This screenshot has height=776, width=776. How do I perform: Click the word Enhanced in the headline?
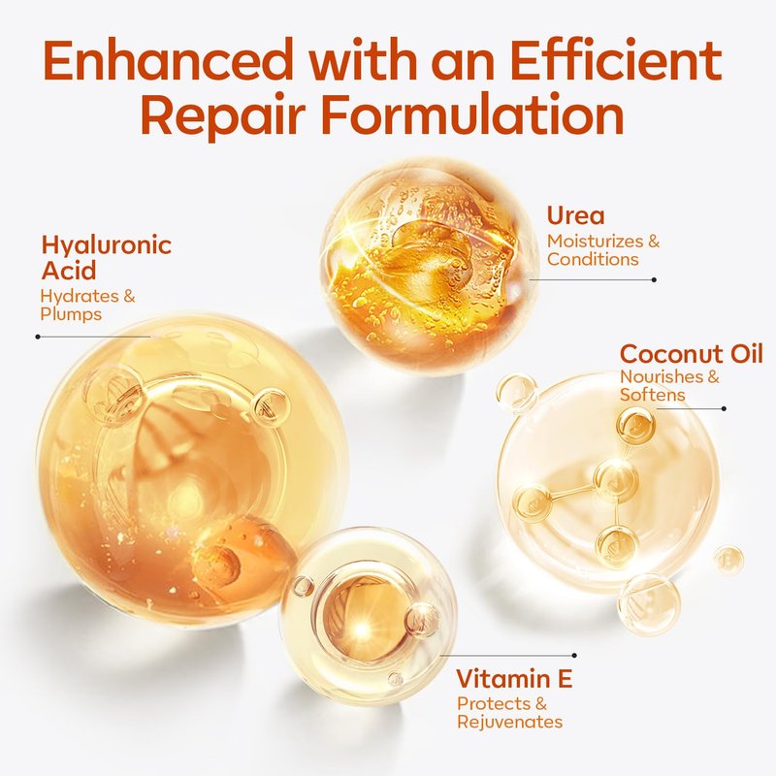167,59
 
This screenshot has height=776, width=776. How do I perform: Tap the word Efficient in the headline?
616,59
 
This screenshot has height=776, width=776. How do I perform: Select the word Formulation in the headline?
472,114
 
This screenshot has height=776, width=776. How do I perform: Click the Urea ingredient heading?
575,215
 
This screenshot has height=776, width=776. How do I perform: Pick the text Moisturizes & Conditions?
603,250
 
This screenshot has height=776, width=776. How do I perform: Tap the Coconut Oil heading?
692,354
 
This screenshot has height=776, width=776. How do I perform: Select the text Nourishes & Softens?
669,385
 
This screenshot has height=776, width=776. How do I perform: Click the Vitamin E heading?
514,678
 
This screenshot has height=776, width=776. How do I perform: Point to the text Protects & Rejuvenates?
510,713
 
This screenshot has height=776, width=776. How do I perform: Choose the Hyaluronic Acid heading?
107,257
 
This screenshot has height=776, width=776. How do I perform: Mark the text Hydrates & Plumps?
87,305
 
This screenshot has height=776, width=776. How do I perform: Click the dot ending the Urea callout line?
654,279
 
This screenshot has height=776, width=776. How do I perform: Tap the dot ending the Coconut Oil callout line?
724,408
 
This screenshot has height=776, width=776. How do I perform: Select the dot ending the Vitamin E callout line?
574,656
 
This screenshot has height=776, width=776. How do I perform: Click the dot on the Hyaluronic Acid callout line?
38,337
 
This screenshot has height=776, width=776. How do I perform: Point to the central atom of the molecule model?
616,479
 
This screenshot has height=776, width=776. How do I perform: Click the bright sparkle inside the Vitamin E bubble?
364,630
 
